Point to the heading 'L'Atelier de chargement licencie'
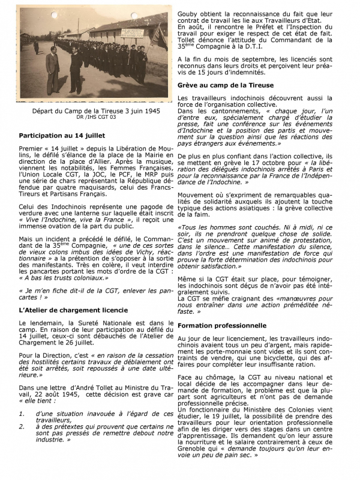[x=73, y=310]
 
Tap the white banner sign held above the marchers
[x=132, y=34]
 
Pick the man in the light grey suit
[x=53, y=70]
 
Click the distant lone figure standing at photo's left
[x=36, y=45]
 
